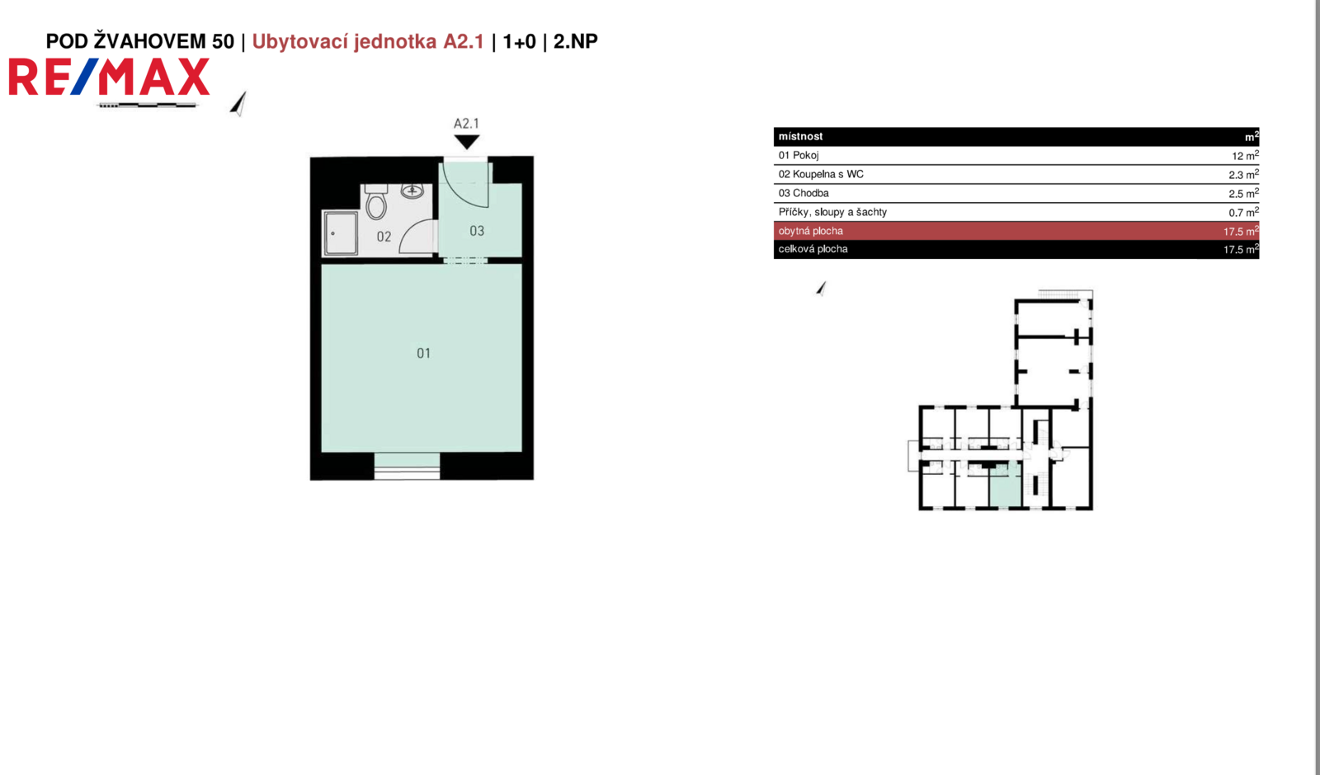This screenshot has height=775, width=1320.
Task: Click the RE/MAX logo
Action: click(109, 77)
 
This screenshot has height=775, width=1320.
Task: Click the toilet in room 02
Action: click(376, 201)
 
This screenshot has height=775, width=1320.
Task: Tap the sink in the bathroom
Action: click(412, 190)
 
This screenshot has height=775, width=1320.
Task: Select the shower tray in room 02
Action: click(341, 233)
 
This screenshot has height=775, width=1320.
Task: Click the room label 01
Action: click(424, 354)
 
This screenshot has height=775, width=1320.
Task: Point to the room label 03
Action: click(477, 231)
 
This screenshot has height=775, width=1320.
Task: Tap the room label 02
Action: click(384, 237)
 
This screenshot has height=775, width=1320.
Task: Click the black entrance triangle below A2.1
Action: click(466, 142)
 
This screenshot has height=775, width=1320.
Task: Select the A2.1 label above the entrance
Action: click(466, 124)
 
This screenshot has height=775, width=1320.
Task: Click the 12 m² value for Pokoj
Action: click(1245, 156)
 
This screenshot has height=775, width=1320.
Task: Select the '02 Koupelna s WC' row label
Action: click(821, 174)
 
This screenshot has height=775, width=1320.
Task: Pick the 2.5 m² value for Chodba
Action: click(1243, 193)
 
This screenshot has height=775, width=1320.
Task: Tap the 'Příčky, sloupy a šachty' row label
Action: click(832, 212)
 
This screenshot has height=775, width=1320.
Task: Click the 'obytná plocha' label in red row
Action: click(810, 231)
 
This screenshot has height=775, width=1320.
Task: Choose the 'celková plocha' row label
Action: click(813, 249)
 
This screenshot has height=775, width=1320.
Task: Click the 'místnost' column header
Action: click(800, 136)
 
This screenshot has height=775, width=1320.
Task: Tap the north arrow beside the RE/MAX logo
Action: click(238, 104)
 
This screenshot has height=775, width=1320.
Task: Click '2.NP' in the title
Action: click(575, 41)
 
